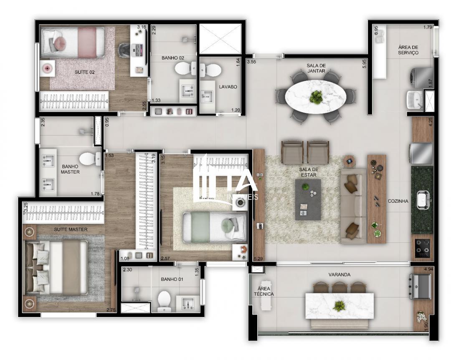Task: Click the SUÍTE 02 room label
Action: click(84, 72)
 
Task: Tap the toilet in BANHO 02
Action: click(184, 68)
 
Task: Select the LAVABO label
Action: click(228, 87)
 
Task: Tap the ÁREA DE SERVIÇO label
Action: click(408, 50)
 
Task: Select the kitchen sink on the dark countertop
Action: click(422, 201)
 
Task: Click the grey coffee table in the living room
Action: click(308, 199)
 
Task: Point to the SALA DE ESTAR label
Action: click(309, 172)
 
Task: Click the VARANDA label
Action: click(339, 274)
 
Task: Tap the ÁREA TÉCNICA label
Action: click(266, 291)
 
